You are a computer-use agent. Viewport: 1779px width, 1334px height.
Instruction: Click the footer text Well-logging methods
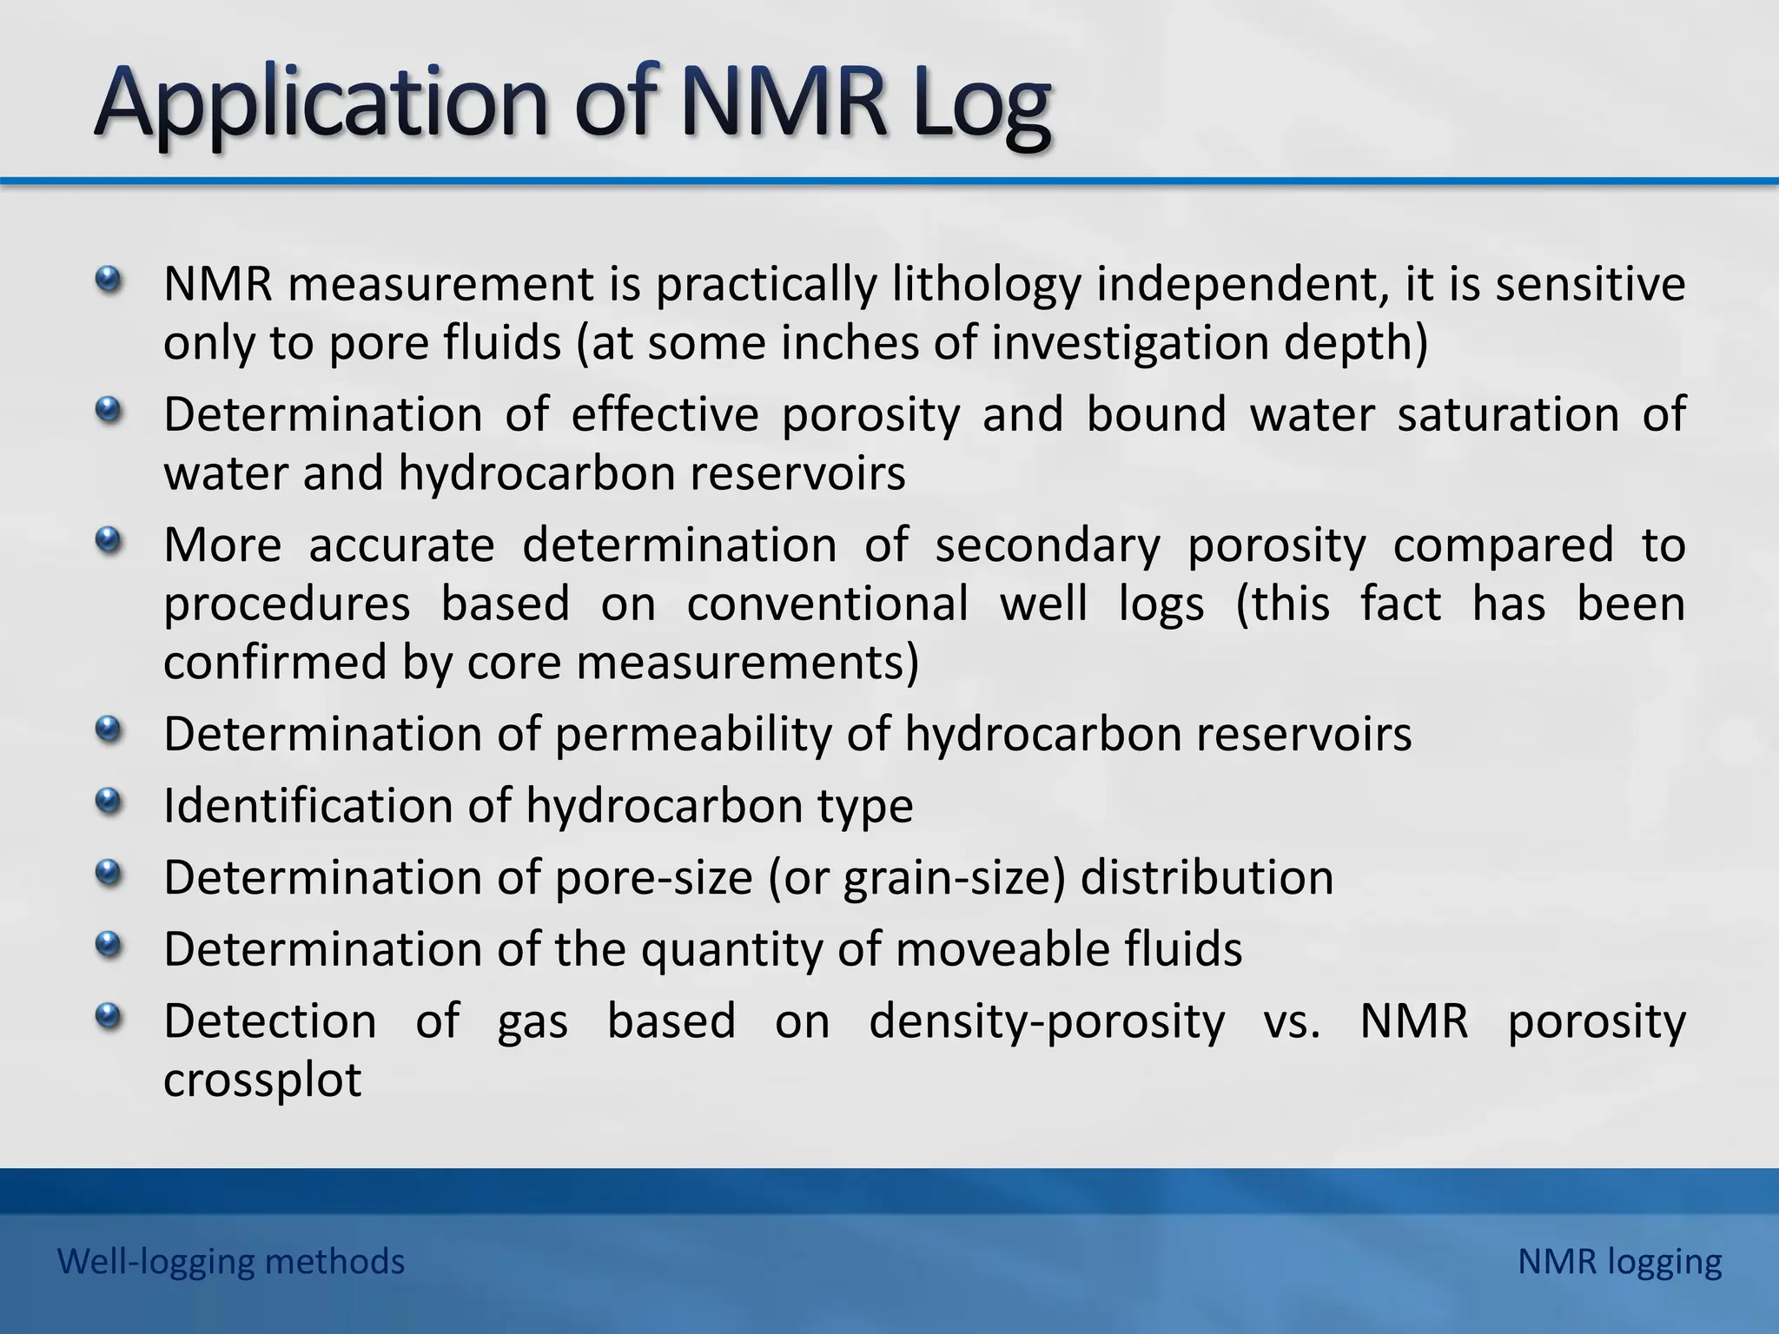(231, 1261)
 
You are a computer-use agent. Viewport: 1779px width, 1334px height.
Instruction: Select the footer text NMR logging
(1619, 1261)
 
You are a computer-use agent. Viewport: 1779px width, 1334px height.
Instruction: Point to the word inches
(850, 342)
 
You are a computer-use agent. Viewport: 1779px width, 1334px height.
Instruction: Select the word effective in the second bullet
(665, 414)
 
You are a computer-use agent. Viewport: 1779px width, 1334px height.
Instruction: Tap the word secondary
(1047, 545)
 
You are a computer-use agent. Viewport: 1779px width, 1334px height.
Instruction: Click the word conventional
(827, 604)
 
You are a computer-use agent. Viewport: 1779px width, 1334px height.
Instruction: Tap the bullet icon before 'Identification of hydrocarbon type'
(108, 800)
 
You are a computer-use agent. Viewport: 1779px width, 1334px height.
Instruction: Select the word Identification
(308, 806)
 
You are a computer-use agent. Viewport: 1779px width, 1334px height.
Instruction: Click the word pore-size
(653, 877)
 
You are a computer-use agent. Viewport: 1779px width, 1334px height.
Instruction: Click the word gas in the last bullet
(532, 1021)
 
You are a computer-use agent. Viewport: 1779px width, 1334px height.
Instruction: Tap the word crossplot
(262, 1080)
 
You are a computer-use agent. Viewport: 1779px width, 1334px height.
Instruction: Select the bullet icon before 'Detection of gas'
(108, 1014)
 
